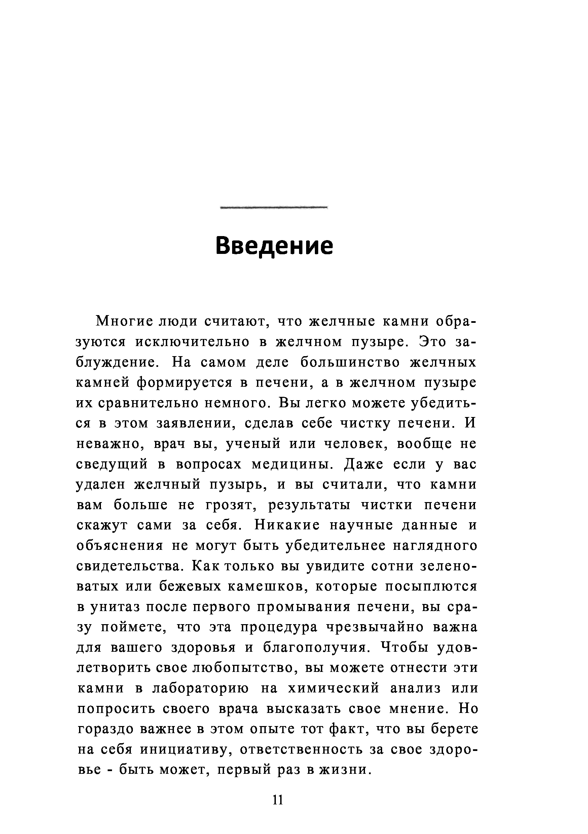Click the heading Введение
[x=274, y=246]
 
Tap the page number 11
[x=278, y=799]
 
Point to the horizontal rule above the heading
[x=274, y=207]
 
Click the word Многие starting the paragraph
[x=121, y=322]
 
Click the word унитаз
[x=118, y=607]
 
